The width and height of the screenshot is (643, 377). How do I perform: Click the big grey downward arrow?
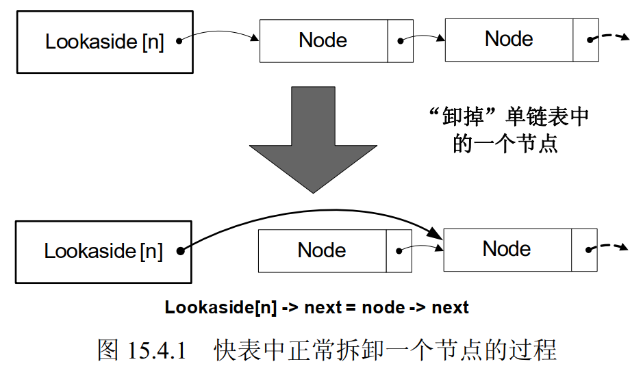click(313, 137)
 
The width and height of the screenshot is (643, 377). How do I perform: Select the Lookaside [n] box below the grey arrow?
click(103, 251)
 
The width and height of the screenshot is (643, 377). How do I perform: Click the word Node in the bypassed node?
click(322, 250)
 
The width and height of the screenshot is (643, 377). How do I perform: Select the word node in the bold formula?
click(383, 307)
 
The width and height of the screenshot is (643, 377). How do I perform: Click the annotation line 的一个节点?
click(505, 143)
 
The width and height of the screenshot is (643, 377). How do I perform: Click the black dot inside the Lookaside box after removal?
click(179, 251)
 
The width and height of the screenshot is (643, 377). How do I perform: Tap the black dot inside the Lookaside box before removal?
click(179, 40)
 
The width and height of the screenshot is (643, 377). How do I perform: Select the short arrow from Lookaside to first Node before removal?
click(219, 34)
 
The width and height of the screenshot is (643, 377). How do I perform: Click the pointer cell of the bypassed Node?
click(399, 250)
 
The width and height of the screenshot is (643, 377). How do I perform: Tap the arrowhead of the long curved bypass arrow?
click(436, 236)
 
